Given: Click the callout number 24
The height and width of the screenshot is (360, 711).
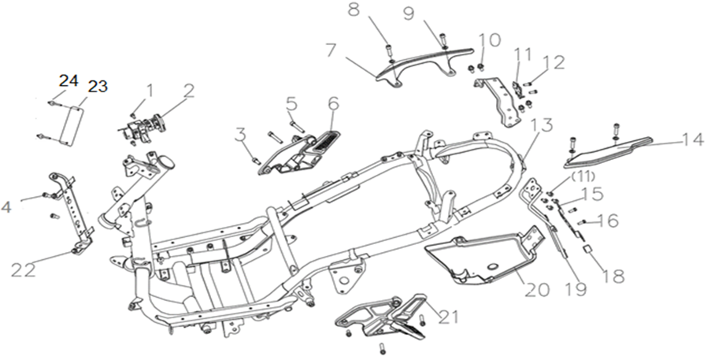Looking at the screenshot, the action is pos(69,81).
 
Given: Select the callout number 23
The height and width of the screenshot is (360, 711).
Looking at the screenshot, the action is pos(98,86).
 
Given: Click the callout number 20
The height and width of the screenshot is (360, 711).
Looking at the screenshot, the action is pos(537,289).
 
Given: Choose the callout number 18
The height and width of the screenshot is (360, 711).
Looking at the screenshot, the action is pos(614,275).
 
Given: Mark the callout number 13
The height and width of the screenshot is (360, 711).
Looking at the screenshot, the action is pos(542,124).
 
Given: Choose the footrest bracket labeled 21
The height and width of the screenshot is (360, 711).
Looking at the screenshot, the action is pos(382,317).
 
